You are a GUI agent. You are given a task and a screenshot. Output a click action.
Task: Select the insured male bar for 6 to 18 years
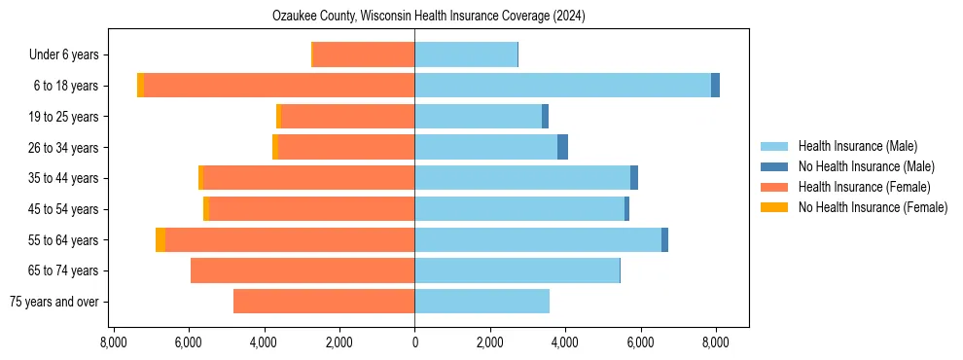[x=562, y=86]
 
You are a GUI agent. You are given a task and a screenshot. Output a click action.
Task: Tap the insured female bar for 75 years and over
[x=324, y=302]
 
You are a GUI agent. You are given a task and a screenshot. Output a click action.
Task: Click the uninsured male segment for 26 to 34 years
[x=562, y=147]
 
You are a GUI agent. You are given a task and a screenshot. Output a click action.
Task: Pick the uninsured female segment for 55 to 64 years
[x=160, y=240]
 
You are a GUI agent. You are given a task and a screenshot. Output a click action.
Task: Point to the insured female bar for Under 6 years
[x=365, y=54]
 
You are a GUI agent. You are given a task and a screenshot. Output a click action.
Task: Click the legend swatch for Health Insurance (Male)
[x=775, y=146]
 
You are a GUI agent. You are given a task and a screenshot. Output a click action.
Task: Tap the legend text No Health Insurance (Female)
[x=873, y=207]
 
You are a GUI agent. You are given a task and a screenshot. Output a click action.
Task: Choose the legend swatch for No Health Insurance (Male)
[x=775, y=166]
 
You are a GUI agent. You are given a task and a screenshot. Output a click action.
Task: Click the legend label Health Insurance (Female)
[x=864, y=187]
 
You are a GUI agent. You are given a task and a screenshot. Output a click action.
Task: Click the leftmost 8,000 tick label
[x=113, y=342]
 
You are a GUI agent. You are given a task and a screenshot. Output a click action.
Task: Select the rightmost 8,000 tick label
[x=716, y=342]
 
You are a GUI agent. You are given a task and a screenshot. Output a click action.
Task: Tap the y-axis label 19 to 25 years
[x=65, y=117]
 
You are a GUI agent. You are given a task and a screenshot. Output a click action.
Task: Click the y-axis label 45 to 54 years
[x=65, y=209]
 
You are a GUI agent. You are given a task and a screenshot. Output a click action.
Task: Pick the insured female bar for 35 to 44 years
[x=309, y=178]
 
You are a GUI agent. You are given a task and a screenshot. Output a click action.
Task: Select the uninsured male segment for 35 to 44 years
[x=634, y=178]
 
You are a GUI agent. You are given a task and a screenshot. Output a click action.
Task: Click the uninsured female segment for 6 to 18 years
[x=140, y=86]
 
